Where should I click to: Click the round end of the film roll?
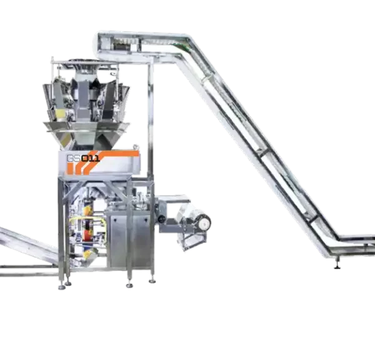(x=203, y=220)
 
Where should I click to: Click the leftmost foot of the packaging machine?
(x=61, y=287)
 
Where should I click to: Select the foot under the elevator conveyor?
(x=337, y=266)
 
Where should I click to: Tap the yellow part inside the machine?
(x=76, y=222)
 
